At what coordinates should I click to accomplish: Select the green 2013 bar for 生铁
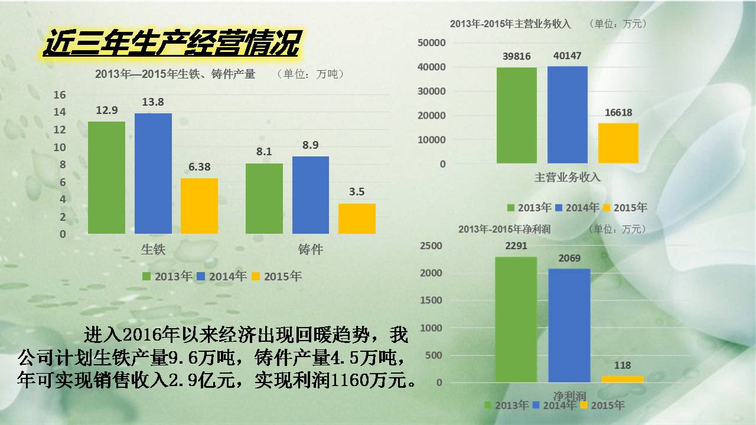coord(106,177)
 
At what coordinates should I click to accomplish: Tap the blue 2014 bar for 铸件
coord(311,195)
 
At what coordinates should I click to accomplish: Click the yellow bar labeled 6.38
coord(199,205)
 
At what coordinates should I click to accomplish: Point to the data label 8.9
coord(311,145)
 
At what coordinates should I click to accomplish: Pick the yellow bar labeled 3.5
coord(357,218)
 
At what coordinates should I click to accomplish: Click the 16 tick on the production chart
coord(60,95)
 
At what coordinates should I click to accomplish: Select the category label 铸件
coord(311,249)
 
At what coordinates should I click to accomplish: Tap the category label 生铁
coord(153,249)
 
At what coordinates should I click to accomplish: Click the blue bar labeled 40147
coord(567,115)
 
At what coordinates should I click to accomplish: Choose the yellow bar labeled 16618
coord(618,143)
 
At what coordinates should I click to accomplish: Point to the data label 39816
coord(517,57)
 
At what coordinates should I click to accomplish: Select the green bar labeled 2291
coord(516,319)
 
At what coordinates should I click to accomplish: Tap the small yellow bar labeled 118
coord(622,379)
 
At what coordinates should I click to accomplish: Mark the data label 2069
coord(569,259)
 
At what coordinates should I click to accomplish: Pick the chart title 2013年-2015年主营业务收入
coord(510,24)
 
